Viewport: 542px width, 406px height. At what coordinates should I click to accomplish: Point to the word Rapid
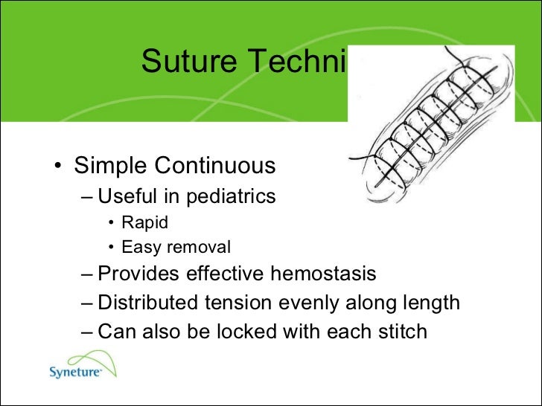(x=144, y=222)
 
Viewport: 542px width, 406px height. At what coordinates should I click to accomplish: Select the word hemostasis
(x=322, y=274)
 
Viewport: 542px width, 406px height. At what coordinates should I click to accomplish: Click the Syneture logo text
(x=74, y=373)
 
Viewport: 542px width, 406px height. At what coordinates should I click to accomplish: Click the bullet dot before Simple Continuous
(x=57, y=166)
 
